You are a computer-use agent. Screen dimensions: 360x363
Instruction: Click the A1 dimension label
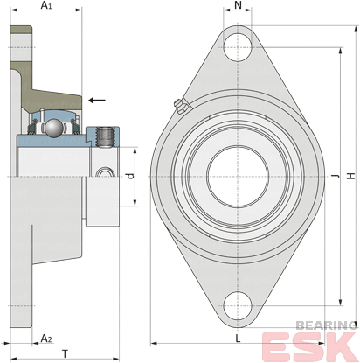(x=46, y=5)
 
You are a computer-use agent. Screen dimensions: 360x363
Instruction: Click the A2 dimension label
(x=46, y=339)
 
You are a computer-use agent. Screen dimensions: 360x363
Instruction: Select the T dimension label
(x=65, y=354)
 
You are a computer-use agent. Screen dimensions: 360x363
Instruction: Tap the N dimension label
(x=238, y=5)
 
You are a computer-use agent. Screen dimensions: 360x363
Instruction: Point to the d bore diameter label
(x=131, y=176)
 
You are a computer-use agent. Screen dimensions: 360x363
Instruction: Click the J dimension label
(x=336, y=176)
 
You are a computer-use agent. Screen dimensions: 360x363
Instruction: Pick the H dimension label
(x=351, y=176)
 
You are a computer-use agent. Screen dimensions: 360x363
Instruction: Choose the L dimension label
(x=238, y=339)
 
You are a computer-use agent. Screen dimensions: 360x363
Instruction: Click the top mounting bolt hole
(x=238, y=47)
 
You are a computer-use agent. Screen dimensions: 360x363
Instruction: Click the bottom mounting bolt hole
(x=238, y=305)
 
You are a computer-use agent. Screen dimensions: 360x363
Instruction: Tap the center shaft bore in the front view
(x=238, y=177)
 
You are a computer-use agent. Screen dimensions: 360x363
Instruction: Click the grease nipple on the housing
(x=181, y=107)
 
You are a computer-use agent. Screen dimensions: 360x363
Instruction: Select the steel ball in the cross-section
(x=53, y=127)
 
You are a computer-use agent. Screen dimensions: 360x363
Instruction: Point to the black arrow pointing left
(x=97, y=101)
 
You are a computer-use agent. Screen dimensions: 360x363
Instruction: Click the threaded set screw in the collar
(x=105, y=137)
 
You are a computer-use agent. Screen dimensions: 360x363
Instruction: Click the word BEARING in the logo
(x=326, y=325)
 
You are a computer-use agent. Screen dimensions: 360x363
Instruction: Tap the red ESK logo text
(x=310, y=346)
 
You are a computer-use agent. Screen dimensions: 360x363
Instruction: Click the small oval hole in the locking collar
(x=105, y=172)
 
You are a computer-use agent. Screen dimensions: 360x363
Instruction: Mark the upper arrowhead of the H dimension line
(x=356, y=30)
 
